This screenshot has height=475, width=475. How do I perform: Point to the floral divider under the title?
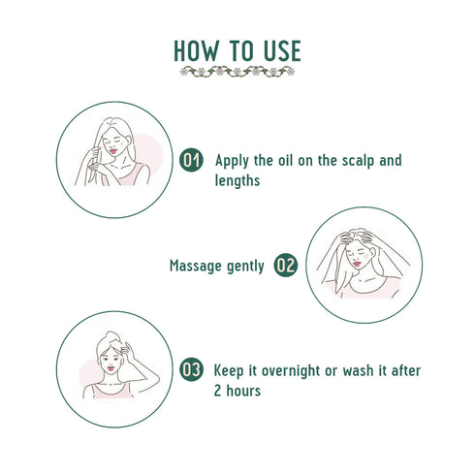point(237,71)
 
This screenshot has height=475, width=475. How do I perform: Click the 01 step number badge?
point(193,161)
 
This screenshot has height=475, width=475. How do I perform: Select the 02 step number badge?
point(285,265)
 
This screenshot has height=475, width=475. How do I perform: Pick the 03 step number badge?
point(193,370)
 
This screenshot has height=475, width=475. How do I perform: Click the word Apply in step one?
point(234,160)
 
